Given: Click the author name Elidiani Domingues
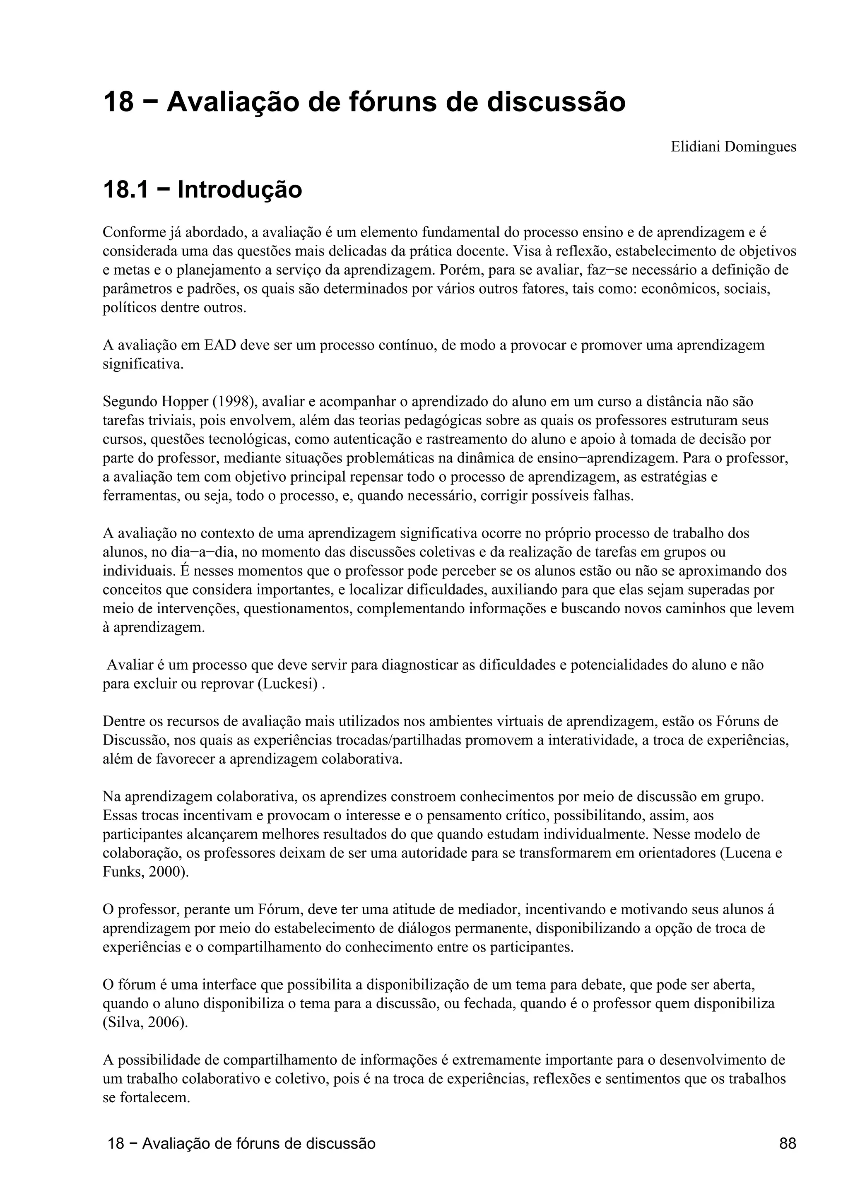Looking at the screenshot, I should coord(733,147).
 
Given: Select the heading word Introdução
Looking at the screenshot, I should coord(239,189).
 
